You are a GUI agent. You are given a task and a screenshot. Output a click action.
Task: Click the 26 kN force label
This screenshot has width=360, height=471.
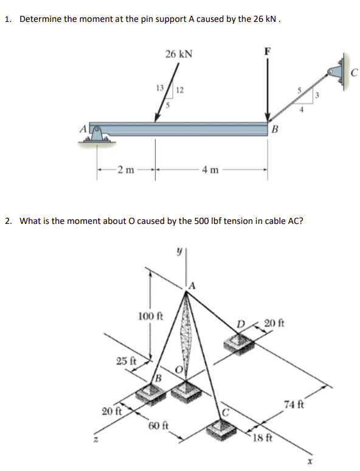point(179,54)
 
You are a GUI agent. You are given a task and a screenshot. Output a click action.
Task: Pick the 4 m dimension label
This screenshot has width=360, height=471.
point(209,169)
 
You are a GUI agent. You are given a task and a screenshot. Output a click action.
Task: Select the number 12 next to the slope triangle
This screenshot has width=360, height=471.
point(179,91)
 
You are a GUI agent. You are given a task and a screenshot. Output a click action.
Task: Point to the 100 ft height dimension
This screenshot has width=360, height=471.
point(150,316)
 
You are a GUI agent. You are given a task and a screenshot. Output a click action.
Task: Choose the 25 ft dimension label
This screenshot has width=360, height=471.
point(126,360)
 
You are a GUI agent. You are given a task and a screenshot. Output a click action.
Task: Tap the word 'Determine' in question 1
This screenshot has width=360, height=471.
point(40,19)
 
